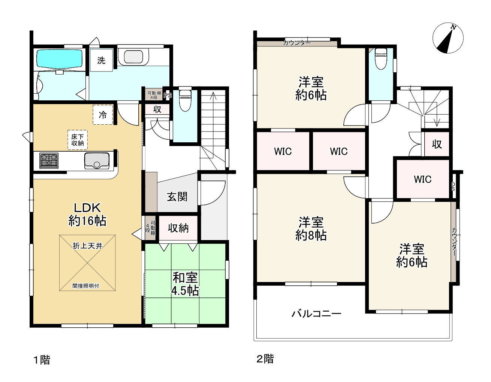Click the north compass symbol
click(x=448, y=38)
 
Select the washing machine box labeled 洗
click(x=101, y=60)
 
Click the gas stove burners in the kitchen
click(x=49, y=160)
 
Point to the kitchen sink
click(x=97, y=160)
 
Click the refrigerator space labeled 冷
click(x=103, y=115)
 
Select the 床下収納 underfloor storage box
click(x=78, y=140)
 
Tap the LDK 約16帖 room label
click(x=87, y=214)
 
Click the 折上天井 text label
click(x=87, y=246)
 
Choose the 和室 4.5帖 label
click(x=185, y=284)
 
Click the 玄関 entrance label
click(x=177, y=196)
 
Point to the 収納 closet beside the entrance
click(x=178, y=228)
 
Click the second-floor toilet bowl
click(x=380, y=58)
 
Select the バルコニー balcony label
click(x=316, y=313)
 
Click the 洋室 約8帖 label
click(x=311, y=228)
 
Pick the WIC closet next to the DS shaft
click(x=422, y=179)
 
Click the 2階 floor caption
click(x=265, y=359)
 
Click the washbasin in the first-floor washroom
click(x=133, y=57)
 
